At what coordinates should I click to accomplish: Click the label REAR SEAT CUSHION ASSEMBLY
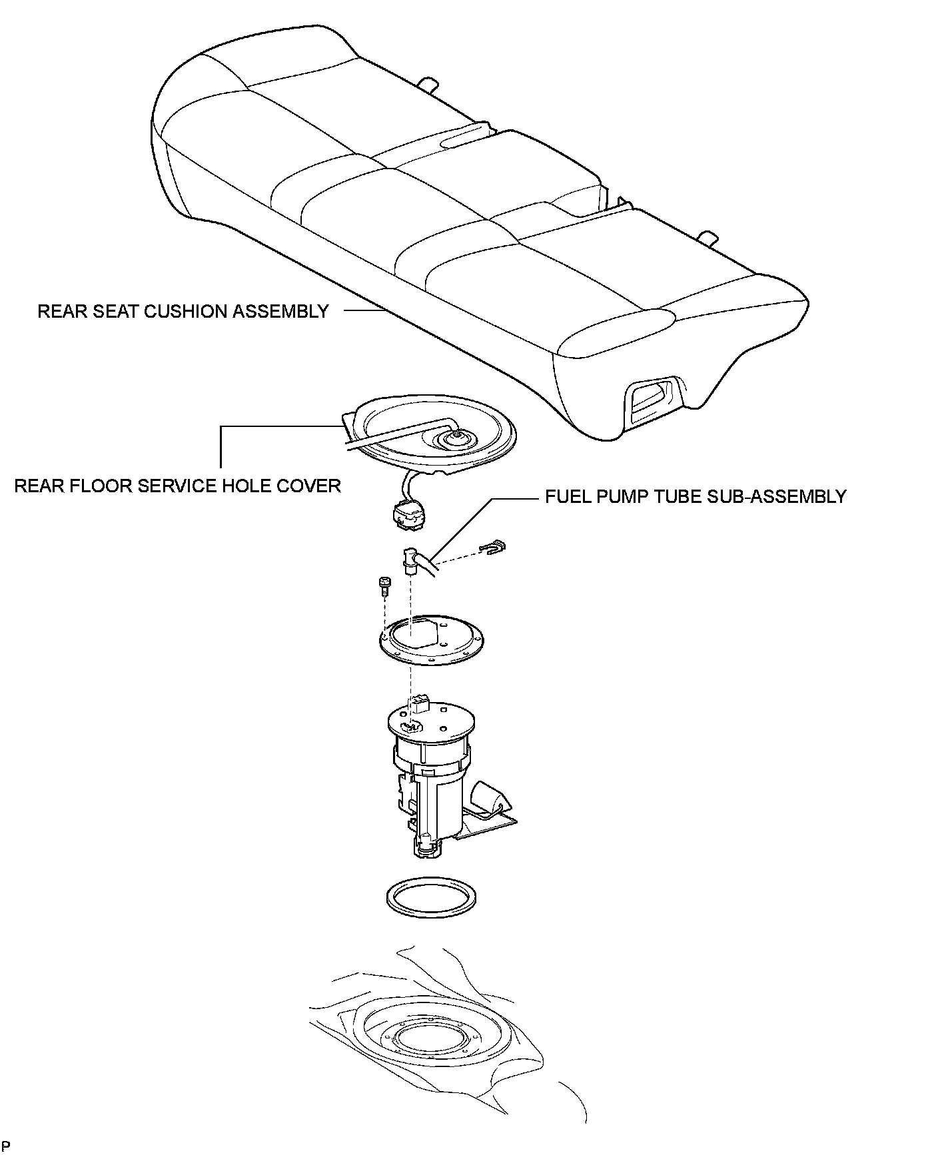pos(183,312)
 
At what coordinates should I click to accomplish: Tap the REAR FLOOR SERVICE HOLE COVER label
pos(177,486)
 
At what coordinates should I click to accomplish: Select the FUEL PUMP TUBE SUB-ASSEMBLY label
pos(696,497)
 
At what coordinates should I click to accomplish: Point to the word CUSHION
pos(183,312)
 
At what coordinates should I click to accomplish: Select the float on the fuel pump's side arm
pos(489,797)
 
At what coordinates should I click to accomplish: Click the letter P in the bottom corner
pos(6,1146)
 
